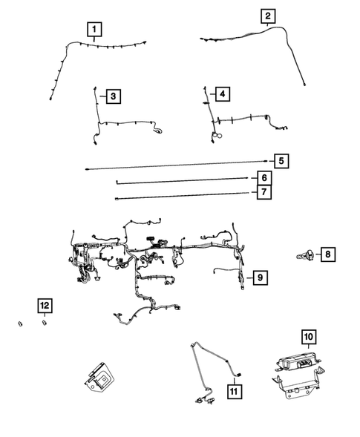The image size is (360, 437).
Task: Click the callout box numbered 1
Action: (94, 30)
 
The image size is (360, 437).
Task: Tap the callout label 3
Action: (112, 96)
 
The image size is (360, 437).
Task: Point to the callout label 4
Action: (221, 93)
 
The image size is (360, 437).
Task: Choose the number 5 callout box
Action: (281, 161)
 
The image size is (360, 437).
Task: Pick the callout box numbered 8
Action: (327, 255)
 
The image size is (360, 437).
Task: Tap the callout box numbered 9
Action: (259, 277)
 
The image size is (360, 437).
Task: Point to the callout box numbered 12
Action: (45, 305)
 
